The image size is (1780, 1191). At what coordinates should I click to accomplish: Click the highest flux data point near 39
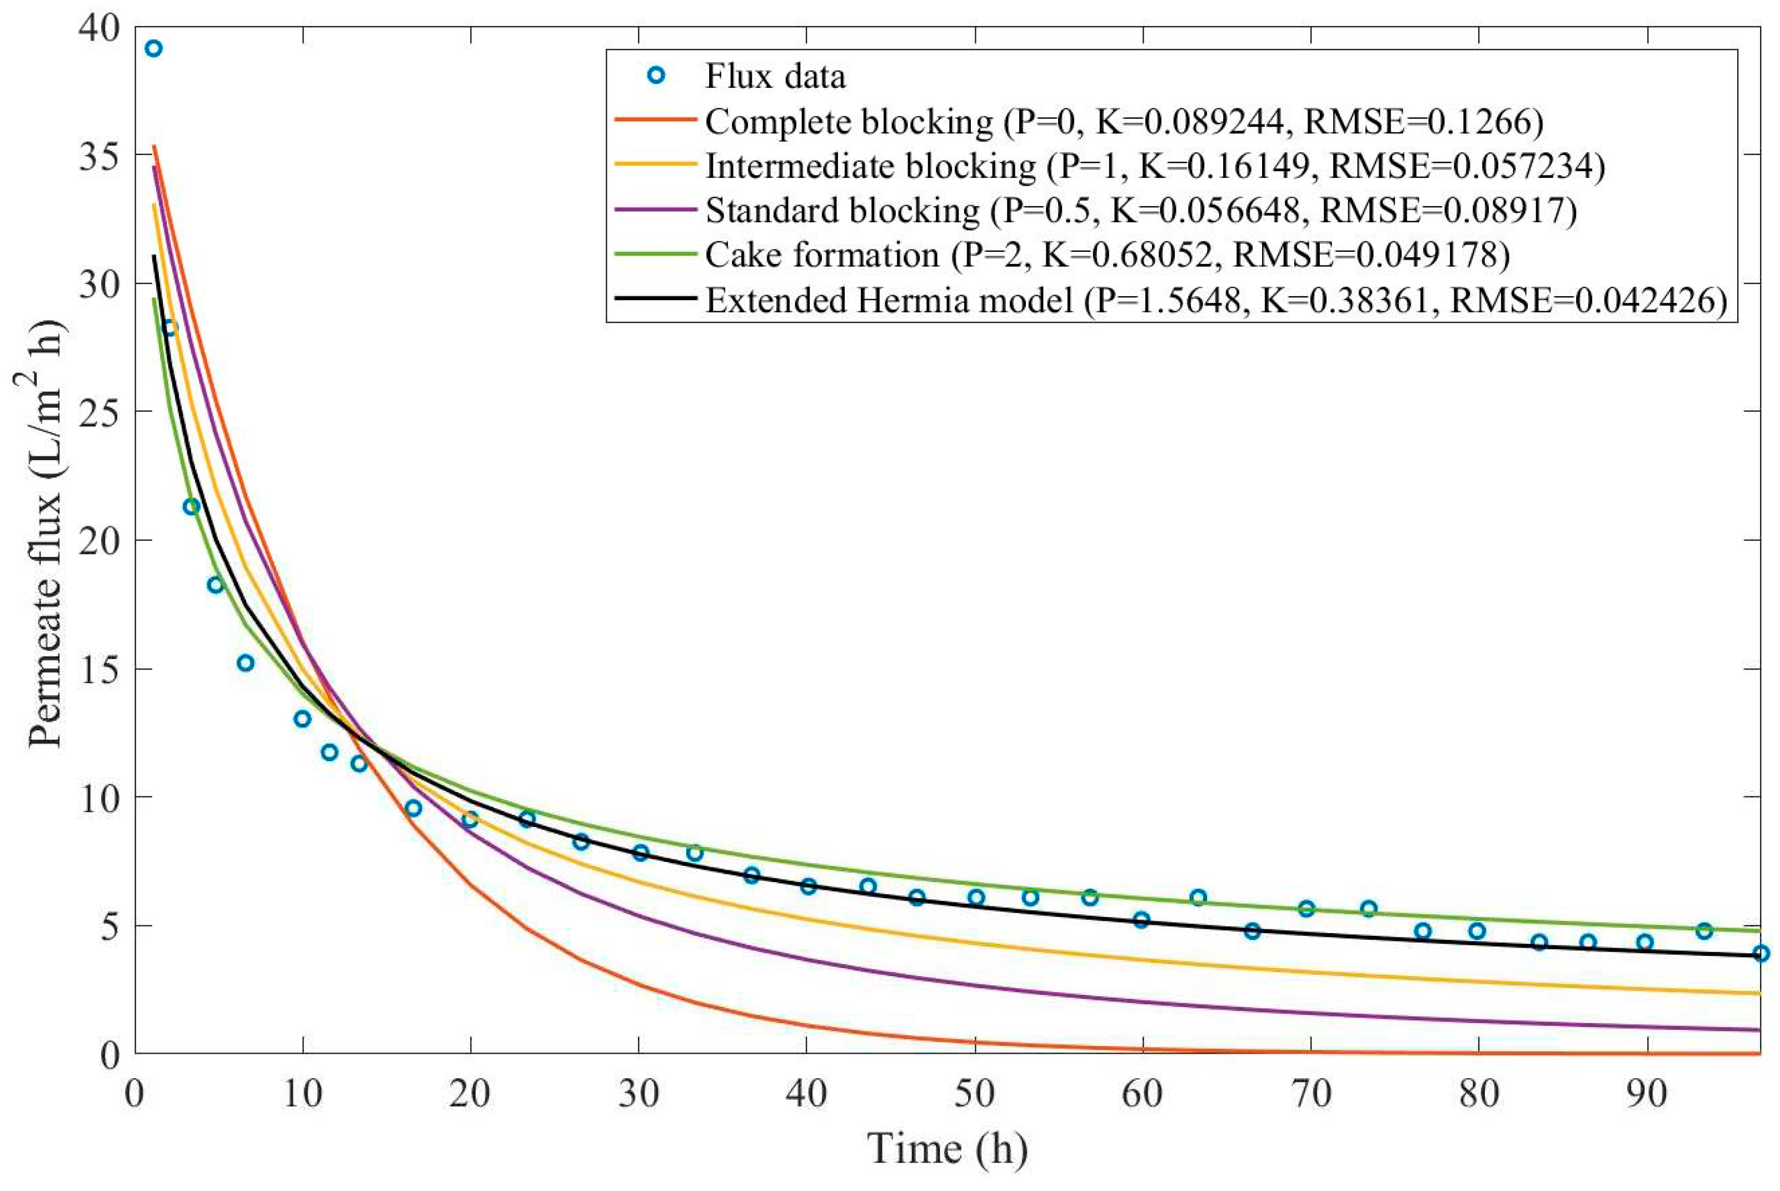153,48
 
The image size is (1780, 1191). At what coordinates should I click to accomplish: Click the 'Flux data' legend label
775,77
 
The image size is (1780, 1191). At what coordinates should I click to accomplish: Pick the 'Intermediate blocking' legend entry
870,166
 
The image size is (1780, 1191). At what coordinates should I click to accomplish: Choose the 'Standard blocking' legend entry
842,211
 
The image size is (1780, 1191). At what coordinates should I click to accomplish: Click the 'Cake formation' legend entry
822,255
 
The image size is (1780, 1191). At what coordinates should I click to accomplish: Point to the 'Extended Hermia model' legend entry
889,301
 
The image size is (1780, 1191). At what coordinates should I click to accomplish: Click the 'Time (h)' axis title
947,1148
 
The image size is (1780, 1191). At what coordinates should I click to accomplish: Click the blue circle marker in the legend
656,76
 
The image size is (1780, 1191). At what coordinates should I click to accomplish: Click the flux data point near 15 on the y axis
245,663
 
